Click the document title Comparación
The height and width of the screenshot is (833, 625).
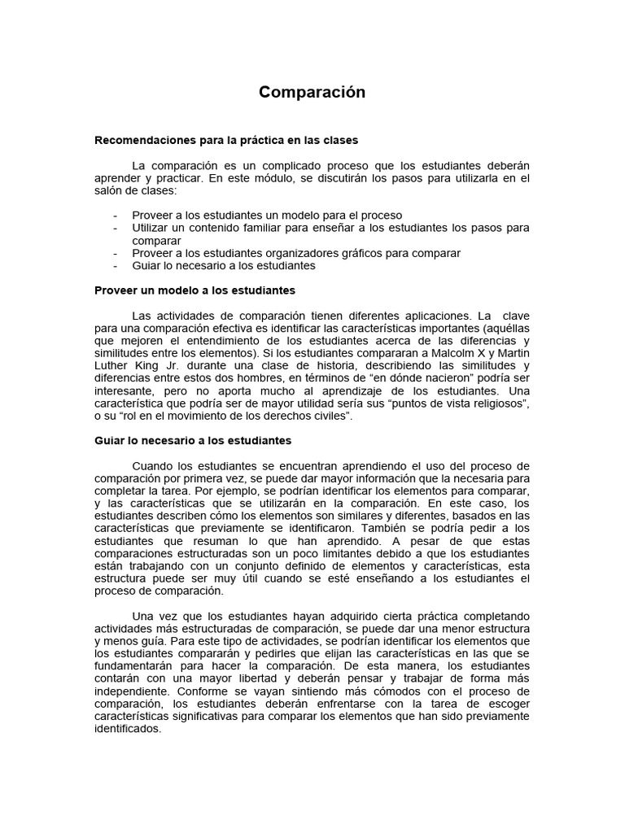[312, 92]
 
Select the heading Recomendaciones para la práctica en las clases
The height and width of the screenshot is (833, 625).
[226, 140]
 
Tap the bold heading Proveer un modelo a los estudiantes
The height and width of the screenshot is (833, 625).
[194, 290]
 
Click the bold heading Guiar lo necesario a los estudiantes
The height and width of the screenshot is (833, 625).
[193, 440]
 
